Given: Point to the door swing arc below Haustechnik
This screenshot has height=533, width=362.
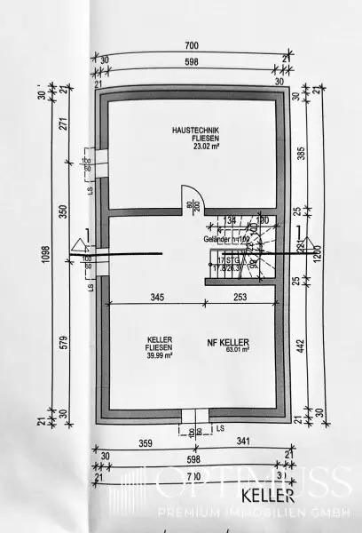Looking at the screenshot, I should click(x=191, y=197).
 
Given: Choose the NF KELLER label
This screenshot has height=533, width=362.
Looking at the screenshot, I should click(x=227, y=342).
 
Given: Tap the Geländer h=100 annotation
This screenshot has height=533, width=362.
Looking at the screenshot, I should click(x=226, y=237).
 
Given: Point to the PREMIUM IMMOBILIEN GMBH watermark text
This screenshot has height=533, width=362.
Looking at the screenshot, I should click(x=252, y=513).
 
